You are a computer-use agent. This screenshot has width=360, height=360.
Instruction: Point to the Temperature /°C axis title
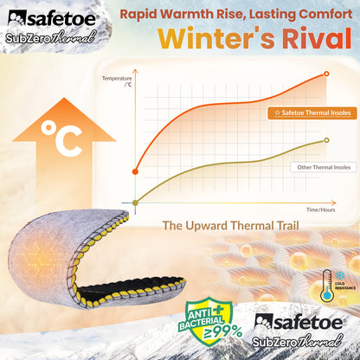119,81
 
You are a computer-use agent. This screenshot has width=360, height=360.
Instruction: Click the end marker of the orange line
326,74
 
